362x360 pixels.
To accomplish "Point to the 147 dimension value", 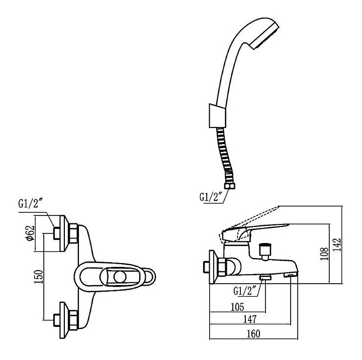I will [249, 319].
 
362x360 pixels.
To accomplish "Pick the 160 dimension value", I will [253, 332].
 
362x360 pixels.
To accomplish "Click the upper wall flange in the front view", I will [65, 232].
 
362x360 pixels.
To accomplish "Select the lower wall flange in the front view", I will [65, 318].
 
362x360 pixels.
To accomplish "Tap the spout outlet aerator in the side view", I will [290, 275].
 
